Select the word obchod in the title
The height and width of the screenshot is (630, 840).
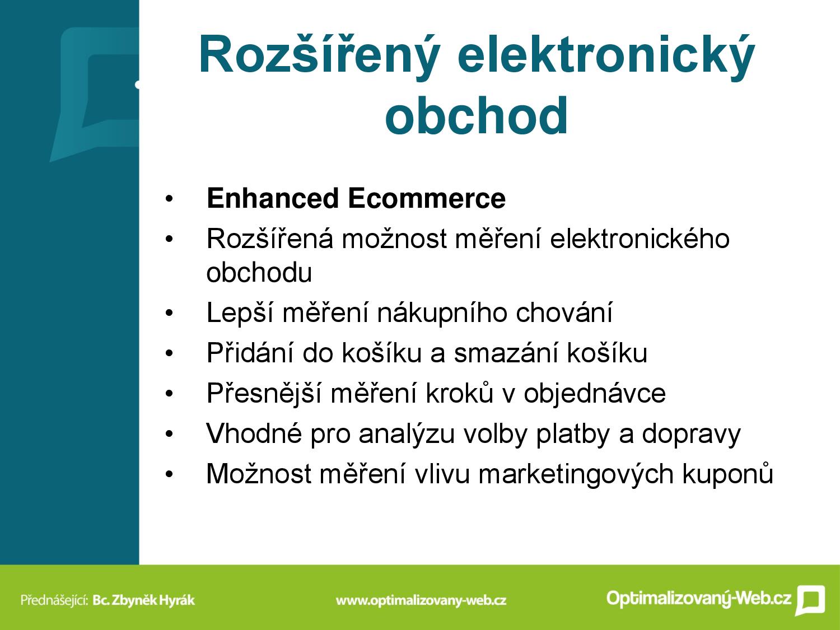coord(477,115)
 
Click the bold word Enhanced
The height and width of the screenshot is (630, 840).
coord(273,198)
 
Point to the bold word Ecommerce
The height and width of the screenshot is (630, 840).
coord(427,198)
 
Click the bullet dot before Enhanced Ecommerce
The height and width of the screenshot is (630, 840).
coord(169,199)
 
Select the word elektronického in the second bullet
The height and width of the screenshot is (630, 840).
coord(640,239)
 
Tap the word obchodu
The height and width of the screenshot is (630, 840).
coord(259,272)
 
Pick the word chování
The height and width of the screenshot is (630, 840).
coord(564,312)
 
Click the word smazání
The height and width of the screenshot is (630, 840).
coord(506,353)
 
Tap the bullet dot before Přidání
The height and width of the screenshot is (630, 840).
coord(169,353)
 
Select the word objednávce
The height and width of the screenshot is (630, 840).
coord(595,394)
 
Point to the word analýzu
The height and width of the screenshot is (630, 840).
coord(407,434)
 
